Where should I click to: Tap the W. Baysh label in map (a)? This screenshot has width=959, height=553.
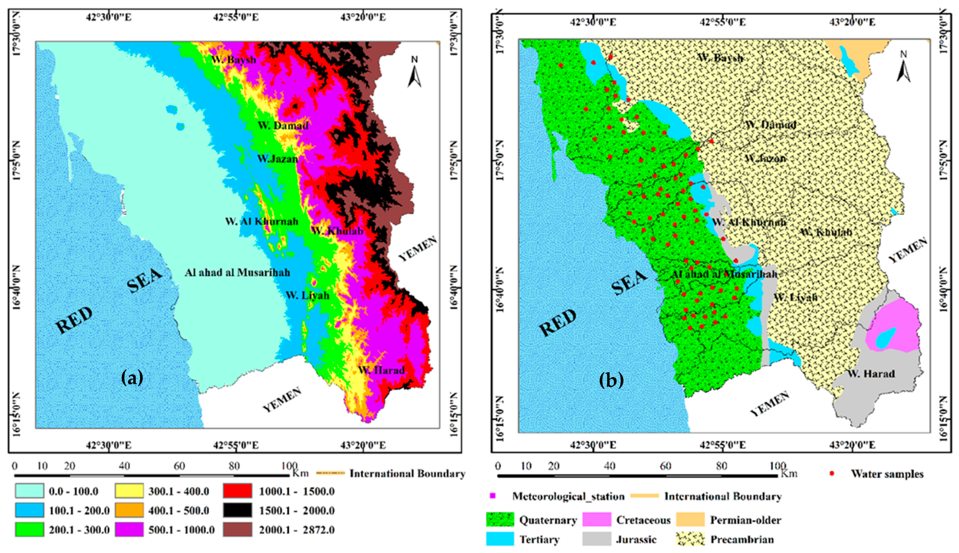coord(233,59)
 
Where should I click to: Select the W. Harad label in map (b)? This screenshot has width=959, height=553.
coord(871,374)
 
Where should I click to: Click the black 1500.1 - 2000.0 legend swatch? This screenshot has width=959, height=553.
coord(237,510)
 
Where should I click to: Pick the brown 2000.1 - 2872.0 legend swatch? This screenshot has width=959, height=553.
coord(237,530)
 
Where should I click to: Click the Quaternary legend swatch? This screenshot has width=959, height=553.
coord(500,520)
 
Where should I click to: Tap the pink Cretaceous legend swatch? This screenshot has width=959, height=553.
coord(596,520)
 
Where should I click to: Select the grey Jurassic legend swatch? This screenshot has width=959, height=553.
coord(596,539)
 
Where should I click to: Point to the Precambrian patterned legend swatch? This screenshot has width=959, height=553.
coord(690,539)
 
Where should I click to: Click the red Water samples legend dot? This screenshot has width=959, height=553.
coord(832,473)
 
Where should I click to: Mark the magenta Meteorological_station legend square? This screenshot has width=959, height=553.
coord(493,496)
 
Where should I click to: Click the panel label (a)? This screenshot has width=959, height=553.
coord(132,377)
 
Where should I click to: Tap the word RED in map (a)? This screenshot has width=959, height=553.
coord(74,320)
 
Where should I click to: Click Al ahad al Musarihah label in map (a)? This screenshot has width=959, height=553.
coord(237,272)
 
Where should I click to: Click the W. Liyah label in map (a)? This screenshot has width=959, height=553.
coord(307,295)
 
